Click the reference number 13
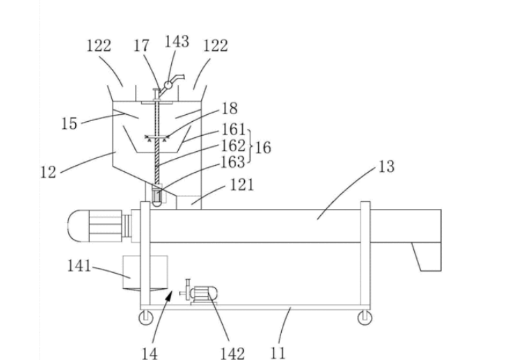386,166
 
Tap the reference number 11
278,353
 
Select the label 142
232,353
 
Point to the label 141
79,266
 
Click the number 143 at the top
177,42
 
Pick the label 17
141,45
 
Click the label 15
69,124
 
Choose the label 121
242,185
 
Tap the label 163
233,162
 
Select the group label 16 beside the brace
263,148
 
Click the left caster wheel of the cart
145,317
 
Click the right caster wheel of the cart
365,317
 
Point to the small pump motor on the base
199,293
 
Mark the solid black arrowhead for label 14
170,295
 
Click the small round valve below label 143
168,85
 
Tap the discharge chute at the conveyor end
427,257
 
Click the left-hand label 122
99,45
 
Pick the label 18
230,109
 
